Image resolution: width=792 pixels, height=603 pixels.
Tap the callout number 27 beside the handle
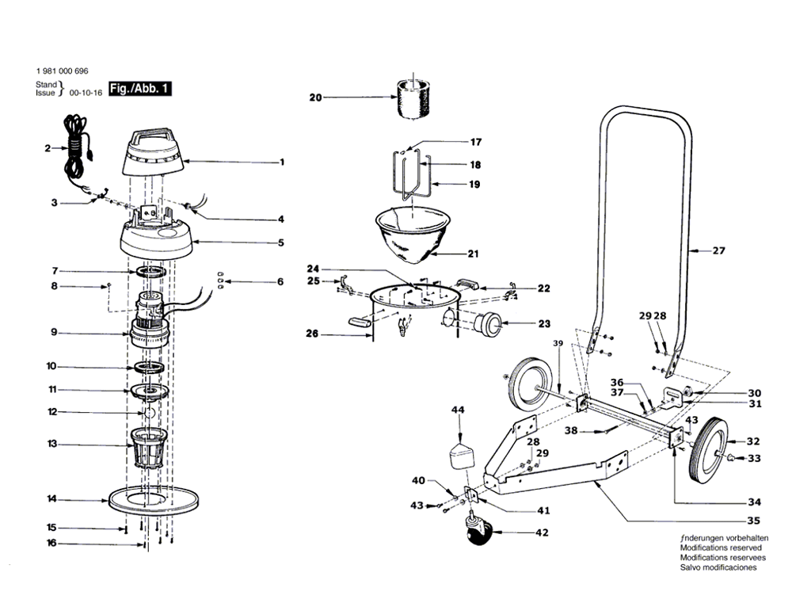717,251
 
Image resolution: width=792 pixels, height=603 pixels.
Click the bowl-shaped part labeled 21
414,235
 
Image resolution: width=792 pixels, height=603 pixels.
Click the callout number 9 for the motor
53,333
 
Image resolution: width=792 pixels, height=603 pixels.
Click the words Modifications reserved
714,548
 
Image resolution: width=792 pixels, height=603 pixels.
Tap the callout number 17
475,143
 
